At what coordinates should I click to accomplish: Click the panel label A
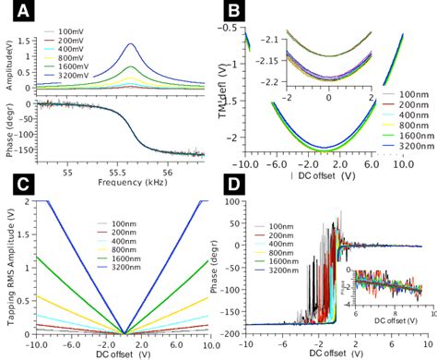pos(18,15)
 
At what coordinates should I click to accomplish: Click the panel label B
pos(236,14)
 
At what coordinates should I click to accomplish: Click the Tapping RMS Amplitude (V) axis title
pos(12,268)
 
